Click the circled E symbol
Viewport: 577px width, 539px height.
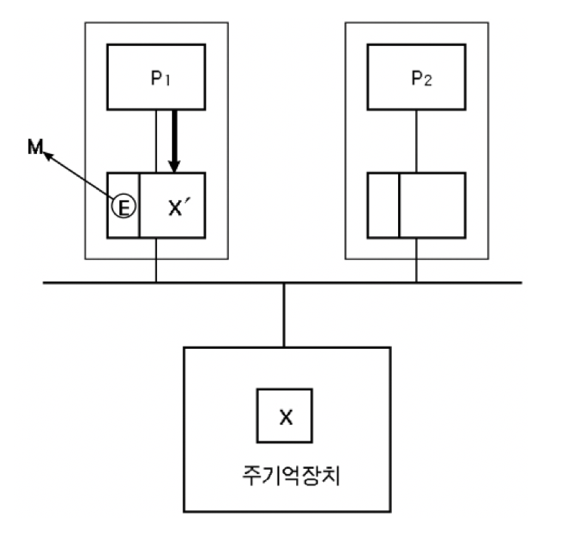124,205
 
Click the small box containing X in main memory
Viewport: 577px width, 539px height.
285,416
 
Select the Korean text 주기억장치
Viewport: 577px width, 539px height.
285,477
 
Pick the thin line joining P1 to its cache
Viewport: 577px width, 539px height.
156,140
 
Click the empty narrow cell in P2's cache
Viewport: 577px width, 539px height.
384,205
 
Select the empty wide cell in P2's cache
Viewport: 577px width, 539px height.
432,205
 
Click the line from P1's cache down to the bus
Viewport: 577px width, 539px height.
156,260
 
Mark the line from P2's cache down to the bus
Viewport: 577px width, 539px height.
416,260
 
